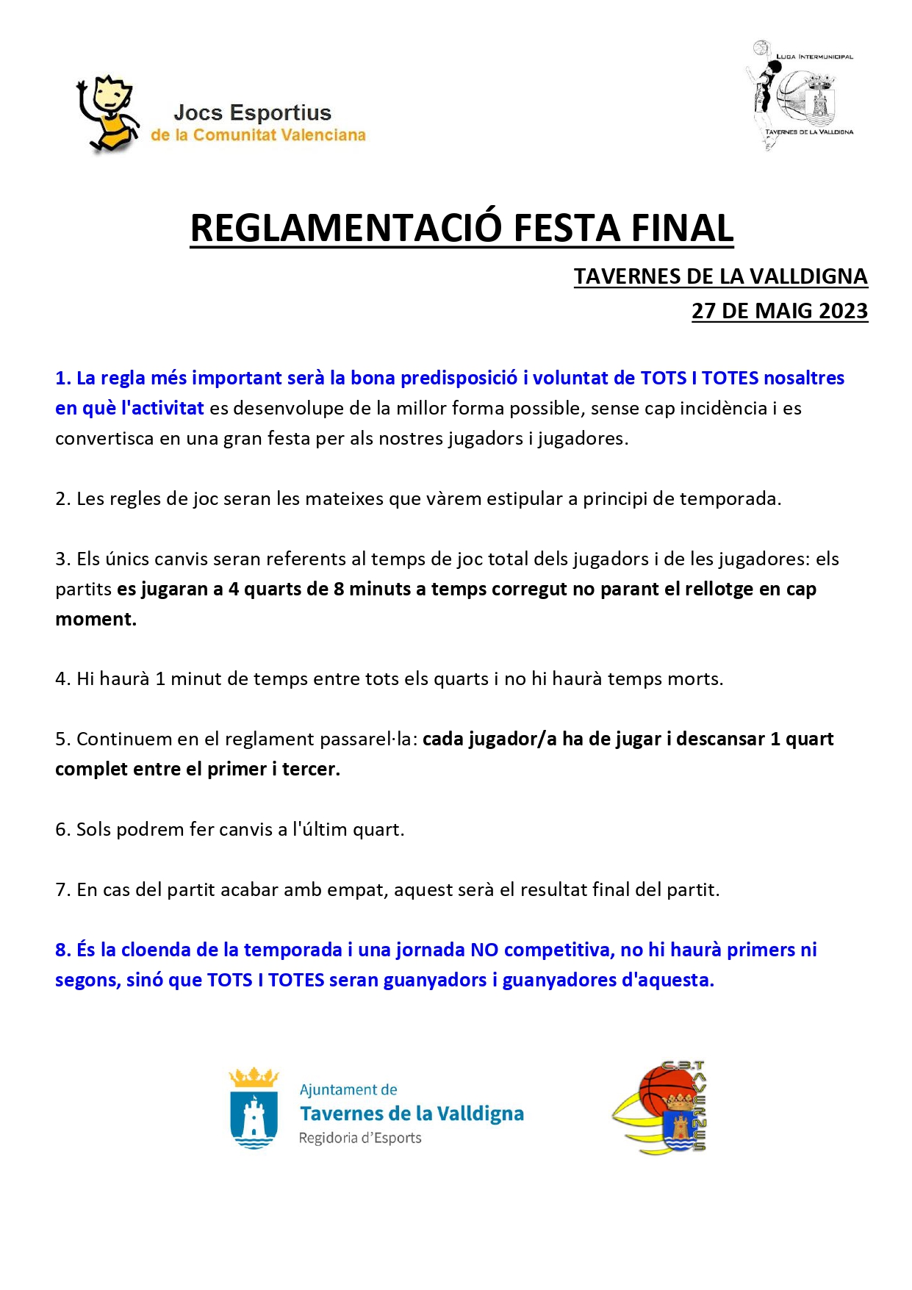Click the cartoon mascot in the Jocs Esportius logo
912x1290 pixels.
coord(107,114)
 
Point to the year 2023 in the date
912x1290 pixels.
coord(843,311)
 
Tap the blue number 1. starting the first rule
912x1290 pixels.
coord(63,378)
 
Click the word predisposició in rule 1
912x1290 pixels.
coord(459,378)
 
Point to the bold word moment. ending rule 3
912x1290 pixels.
coord(96,619)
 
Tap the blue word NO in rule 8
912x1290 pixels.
coord(484,950)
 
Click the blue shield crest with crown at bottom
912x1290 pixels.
coord(254,1108)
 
